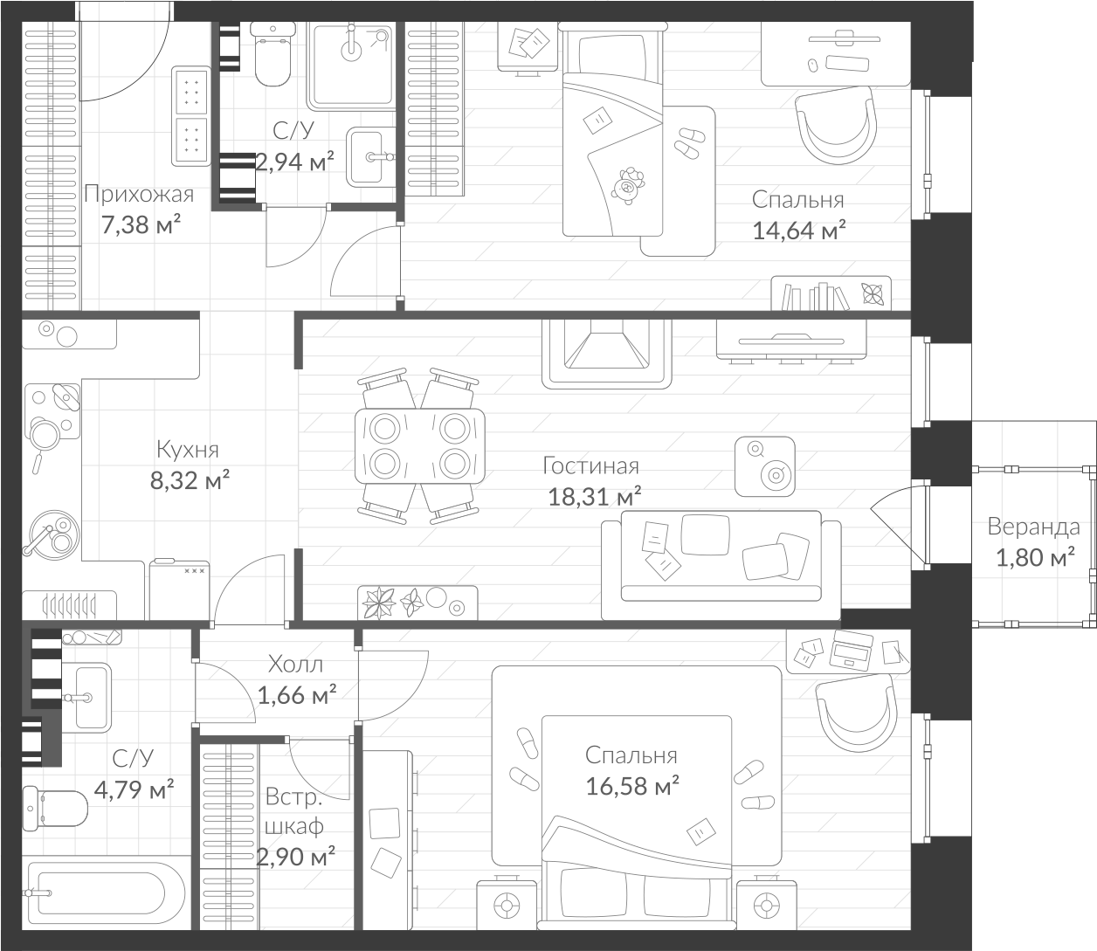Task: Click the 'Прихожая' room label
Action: [138, 194]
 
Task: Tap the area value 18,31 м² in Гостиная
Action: [594, 497]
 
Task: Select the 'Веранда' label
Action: [1033, 527]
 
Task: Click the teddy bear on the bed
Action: [627, 186]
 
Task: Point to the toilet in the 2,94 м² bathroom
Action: [270, 54]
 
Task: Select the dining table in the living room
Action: [419, 445]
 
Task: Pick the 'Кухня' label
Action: [187, 450]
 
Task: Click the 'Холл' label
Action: [295, 664]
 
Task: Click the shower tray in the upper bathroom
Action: [353, 63]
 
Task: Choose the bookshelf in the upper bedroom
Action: [830, 294]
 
